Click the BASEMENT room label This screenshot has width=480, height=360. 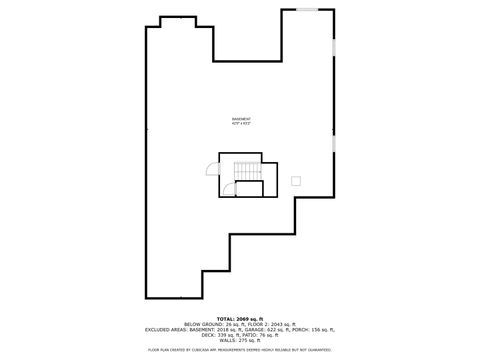pos(240,118)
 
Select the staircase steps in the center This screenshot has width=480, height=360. pos(246,172)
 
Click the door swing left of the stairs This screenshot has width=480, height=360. pos(213,170)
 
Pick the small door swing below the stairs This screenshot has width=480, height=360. pos(228,187)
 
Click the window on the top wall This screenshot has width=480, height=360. pos(307,10)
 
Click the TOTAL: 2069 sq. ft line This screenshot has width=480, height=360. pos(240,317)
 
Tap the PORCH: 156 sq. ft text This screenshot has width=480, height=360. pos(314,328)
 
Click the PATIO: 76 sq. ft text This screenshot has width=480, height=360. pos(262,334)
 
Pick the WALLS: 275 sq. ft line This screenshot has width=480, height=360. pos(240,340)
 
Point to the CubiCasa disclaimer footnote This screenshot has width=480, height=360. pos(240,350)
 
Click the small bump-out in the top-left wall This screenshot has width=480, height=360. pos(178,20)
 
